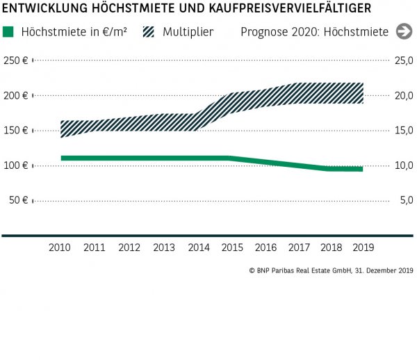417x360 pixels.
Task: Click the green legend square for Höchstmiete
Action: pos(8,32)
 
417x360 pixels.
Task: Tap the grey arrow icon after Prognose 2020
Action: pos(403,31)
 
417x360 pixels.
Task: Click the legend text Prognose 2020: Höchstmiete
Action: pos(314,32)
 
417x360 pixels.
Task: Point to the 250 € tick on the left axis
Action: pos(15,60)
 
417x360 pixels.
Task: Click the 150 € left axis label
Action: pos(15,131)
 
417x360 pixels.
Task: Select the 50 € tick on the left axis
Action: pos(18,201)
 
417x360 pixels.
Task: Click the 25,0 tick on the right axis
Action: pos(404,60)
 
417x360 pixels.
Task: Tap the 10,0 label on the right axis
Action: pos(404,165)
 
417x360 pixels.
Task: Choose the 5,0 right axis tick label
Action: pos(406,201)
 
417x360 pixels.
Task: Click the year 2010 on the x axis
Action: pos(60,247)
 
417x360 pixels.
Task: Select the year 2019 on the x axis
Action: pos(363,247)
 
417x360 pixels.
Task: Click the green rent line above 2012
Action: pos(129,158)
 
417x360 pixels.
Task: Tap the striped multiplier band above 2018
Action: pos(329,93)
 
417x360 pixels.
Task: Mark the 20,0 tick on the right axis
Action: pos(404,96)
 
